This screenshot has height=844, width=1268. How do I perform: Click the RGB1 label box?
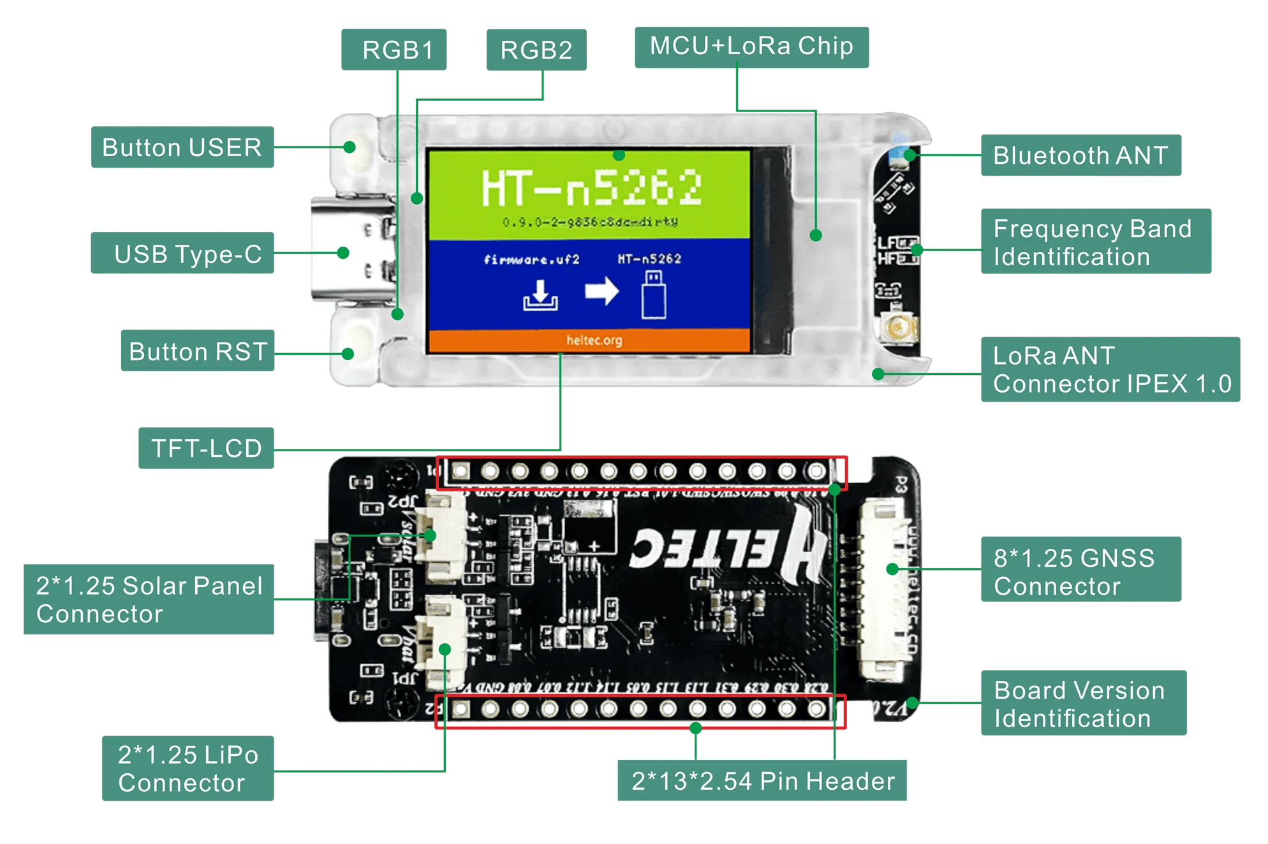click(x=394, y=49)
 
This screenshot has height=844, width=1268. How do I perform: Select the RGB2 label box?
click(x=536, y=50)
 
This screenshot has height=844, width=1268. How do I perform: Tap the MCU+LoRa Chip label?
click(x=751, y=47)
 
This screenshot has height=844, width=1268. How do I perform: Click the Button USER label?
click(x=182, y=147)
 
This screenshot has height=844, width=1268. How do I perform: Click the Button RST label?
click(x=197, y=351)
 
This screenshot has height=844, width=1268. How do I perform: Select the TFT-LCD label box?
click(x=207, y=447)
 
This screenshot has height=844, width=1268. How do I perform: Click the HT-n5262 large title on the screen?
click(x=591, y=187)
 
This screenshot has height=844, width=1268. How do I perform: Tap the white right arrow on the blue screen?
click(x=601, y=291)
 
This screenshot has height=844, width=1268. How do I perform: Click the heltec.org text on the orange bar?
click(x=594, y=340)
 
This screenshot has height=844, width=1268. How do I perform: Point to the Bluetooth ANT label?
click(x=1080, y=155)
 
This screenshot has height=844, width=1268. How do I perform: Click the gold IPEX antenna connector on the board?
click(x=899, y=328)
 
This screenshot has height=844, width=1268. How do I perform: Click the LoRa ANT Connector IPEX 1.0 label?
click(x=1111, y=369)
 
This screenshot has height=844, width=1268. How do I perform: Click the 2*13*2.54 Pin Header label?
click(x=762, y=780)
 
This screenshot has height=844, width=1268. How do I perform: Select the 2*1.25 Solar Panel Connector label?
click(x=149, y=599)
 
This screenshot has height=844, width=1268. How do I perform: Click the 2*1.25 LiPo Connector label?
click(x=188, y=768)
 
